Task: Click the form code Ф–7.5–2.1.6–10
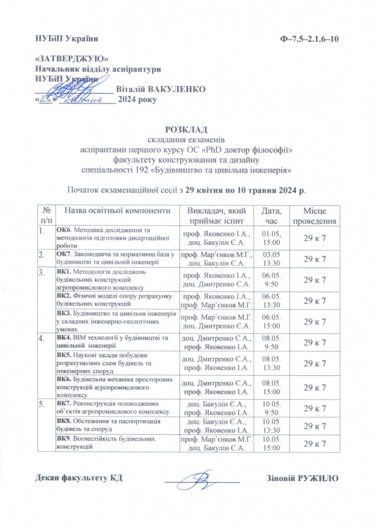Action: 310,39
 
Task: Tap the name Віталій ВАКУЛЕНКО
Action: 161,89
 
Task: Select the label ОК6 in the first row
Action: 63,230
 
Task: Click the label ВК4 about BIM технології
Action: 64,337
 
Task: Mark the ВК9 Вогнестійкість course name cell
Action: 117,444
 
